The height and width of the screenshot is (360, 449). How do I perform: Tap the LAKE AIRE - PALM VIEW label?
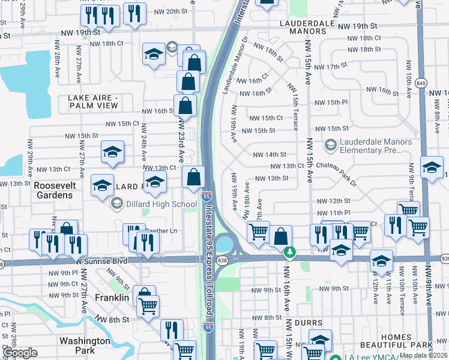[x=101, y=102]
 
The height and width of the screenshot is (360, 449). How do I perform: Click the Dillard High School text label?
[x=154, y=204]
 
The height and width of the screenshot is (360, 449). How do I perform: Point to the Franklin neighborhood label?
[x=112, y=298]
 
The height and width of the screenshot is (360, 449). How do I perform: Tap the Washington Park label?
[x=85, y=345]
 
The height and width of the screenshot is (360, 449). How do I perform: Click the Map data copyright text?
[x=423, y=355]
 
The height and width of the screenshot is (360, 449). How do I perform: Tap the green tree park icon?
[x=290, y=251]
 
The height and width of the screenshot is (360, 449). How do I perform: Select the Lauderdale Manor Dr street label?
[x=235, y=65]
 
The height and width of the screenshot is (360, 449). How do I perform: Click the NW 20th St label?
[x=168, y=11]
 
